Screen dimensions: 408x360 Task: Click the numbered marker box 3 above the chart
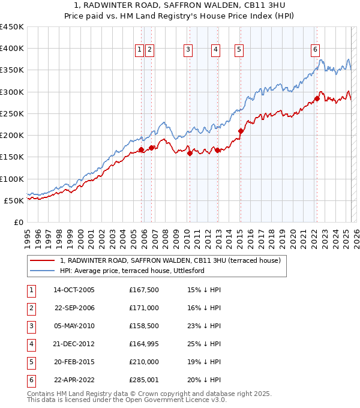[188, 50]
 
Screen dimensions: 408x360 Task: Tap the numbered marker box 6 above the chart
[315, 50]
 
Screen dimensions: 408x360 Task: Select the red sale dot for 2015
[241, 131]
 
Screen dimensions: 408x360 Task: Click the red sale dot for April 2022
[317, 98]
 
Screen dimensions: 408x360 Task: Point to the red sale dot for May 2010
[190, 153]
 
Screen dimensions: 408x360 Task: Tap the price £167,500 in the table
[144, 290]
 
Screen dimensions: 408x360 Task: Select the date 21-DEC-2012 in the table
[74, 344]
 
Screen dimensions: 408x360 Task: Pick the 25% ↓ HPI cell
[204, 344]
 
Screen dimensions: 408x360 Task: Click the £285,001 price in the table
[144, 380]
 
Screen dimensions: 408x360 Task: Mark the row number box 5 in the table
[30, 362]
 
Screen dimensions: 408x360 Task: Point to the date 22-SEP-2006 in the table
[74, 308]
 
